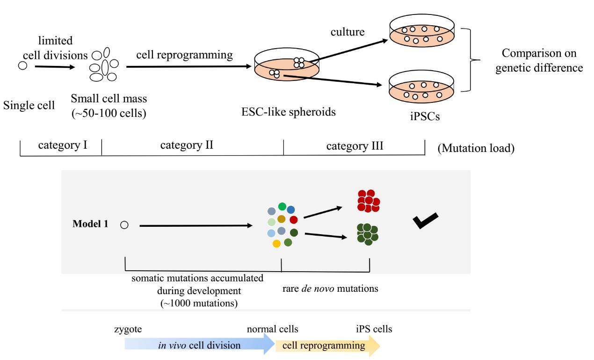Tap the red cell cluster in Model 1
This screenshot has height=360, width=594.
point(368,201)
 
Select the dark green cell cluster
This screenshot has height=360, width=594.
point(367,234)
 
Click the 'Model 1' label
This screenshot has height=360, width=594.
point(90,224)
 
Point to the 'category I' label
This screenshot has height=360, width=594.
point(63,145)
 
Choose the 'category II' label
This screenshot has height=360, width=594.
point(187,145)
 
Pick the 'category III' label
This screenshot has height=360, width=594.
point(355,146)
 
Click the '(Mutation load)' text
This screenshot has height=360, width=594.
point(476,149)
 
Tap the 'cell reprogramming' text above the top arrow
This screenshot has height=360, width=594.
point(184,55)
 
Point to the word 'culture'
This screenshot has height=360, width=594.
point(348,32)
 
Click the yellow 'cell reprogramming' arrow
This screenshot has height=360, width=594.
point(328,346)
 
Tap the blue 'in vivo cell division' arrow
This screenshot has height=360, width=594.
point(199,346)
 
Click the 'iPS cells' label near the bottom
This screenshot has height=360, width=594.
point(374,329)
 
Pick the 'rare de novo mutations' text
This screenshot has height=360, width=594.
point(330,288)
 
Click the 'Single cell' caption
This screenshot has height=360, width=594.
point(29,105)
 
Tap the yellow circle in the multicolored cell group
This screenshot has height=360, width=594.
point(276,244)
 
